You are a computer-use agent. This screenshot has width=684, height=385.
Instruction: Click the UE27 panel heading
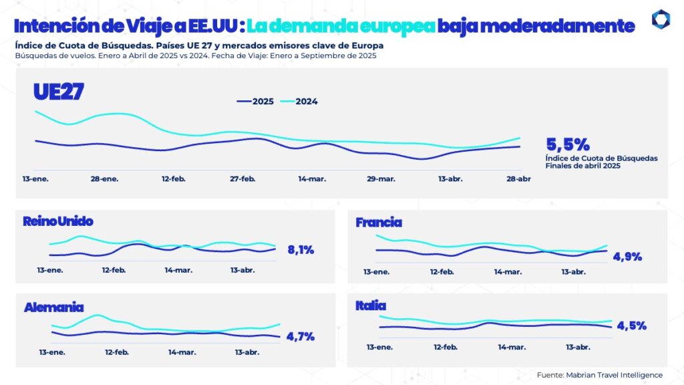pos(58,93)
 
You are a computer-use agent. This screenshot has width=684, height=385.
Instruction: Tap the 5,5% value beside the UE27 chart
pos(568,144)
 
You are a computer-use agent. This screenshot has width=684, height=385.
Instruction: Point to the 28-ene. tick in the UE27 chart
pos(105,179)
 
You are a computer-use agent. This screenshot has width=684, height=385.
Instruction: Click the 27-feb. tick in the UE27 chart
pos(242,179)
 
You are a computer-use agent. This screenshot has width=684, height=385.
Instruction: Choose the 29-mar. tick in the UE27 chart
pos(381,179)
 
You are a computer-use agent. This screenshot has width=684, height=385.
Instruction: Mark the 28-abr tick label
pos(518,179)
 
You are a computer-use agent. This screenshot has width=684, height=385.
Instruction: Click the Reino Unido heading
pos(57,221)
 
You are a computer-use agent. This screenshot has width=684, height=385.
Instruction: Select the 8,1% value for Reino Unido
pos(301,250)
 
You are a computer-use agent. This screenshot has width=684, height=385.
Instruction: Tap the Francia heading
pos(379,223)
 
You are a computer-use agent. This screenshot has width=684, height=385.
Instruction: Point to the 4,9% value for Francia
pos(627,257)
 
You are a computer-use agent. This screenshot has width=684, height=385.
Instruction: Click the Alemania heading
pos(53,307)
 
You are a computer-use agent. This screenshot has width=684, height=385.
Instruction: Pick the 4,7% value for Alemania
pos(300,337)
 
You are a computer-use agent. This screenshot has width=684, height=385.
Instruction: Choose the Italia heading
pos(371,305)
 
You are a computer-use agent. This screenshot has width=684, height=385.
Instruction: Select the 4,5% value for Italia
pos(631,326)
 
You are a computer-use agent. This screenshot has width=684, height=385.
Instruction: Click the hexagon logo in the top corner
pos(661,19)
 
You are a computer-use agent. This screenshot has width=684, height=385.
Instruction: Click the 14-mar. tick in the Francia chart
pos(508,272)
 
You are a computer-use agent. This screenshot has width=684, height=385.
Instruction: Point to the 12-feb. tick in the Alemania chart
pos(118,352)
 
